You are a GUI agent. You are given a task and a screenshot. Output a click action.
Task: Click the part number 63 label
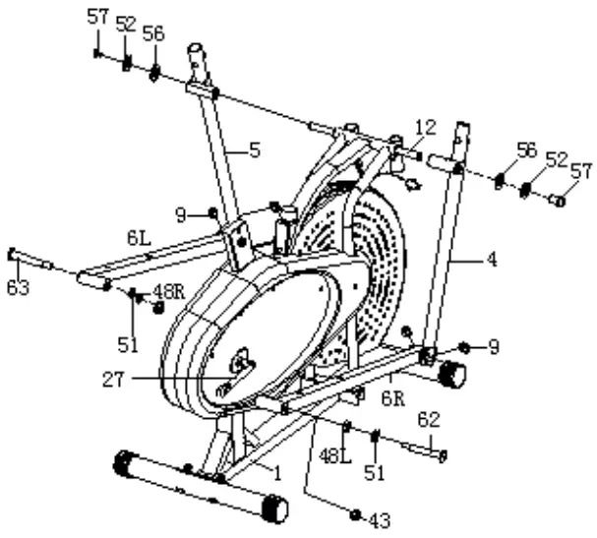pyautogui.click(x=19, y=287)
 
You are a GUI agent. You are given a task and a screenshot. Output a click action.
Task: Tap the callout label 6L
pyautogui.click(x=139, y=236)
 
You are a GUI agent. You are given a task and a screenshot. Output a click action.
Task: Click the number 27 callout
pyautogui.click(x=116, y=379)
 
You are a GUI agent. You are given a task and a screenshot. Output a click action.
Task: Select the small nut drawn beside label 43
pyautogui.click(x=355, y=514)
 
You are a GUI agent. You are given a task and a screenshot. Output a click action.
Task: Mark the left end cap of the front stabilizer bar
pyautogui.click(x=125, y=461)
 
